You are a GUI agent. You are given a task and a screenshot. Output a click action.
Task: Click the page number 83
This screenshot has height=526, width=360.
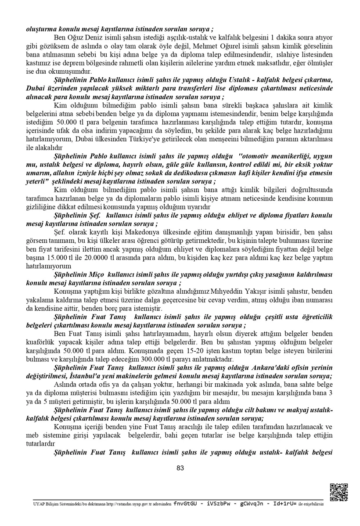click(x=180, y=468)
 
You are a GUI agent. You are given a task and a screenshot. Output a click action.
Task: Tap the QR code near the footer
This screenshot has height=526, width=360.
click(x=338, y=492)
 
